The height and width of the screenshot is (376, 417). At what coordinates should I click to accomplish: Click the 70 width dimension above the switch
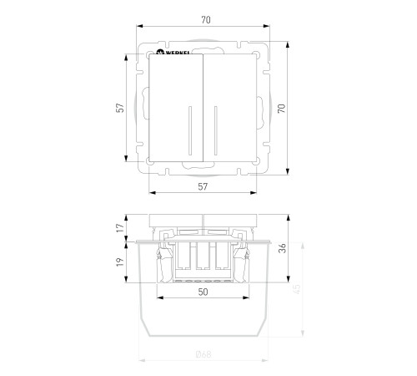[x=206, y=20]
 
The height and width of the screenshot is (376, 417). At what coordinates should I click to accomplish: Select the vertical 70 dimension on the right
[x=282, y=109]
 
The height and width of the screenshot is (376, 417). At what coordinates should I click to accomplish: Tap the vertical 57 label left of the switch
[x=120, y=108]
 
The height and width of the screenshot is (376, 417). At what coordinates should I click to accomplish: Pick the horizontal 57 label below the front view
[x=203, y=186]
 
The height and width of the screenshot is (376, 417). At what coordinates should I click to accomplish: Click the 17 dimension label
[x=120, y=228]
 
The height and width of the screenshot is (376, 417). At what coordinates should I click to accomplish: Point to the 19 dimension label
[x=120, y=262]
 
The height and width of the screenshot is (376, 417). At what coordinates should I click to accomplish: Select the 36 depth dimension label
[x=283, y=248]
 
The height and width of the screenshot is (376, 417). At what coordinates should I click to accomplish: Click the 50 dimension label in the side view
[x=203, y=292]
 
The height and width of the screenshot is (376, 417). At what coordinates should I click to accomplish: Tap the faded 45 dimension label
[x=297, y=289]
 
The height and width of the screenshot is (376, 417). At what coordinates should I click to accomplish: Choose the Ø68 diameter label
[x=203, y=354]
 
